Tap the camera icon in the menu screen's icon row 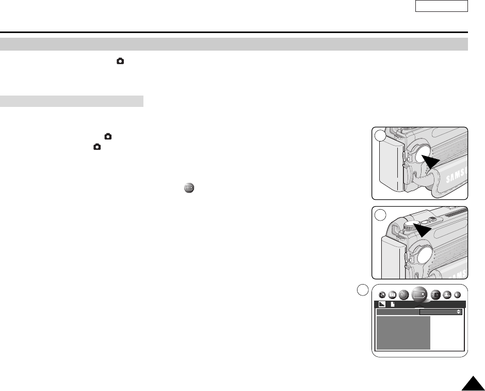pyautogui.click(x=393, y=294)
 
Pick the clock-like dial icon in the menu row pyautogui.click(x=403, y=294)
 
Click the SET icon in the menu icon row pyautogui.click(x=436, y=294)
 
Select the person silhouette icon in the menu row pyautogui.click(x=447, y=294)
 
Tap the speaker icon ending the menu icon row pyautogui.click(x=457, y=294)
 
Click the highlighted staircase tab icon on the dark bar pyautogui.click(x=382, y=304)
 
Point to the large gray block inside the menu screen pyautogui.click(x=403, y=333)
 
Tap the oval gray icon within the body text pyautogui.click(x=189, y=189)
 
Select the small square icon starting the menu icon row pyautogui.click(x=382, y=294)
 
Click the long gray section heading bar pyautogui.click(x=234, y=44)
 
